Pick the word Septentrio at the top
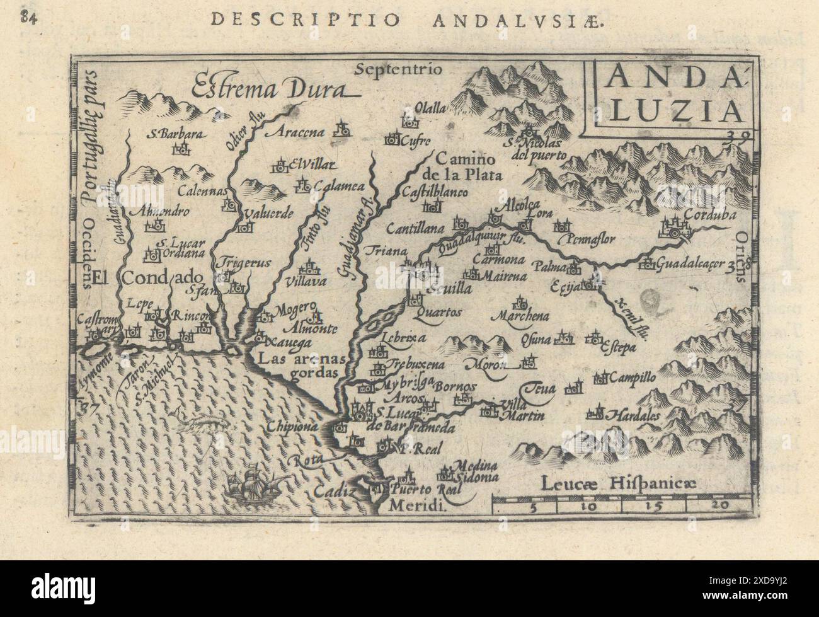399,68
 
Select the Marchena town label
522,316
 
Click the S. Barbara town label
166,134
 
